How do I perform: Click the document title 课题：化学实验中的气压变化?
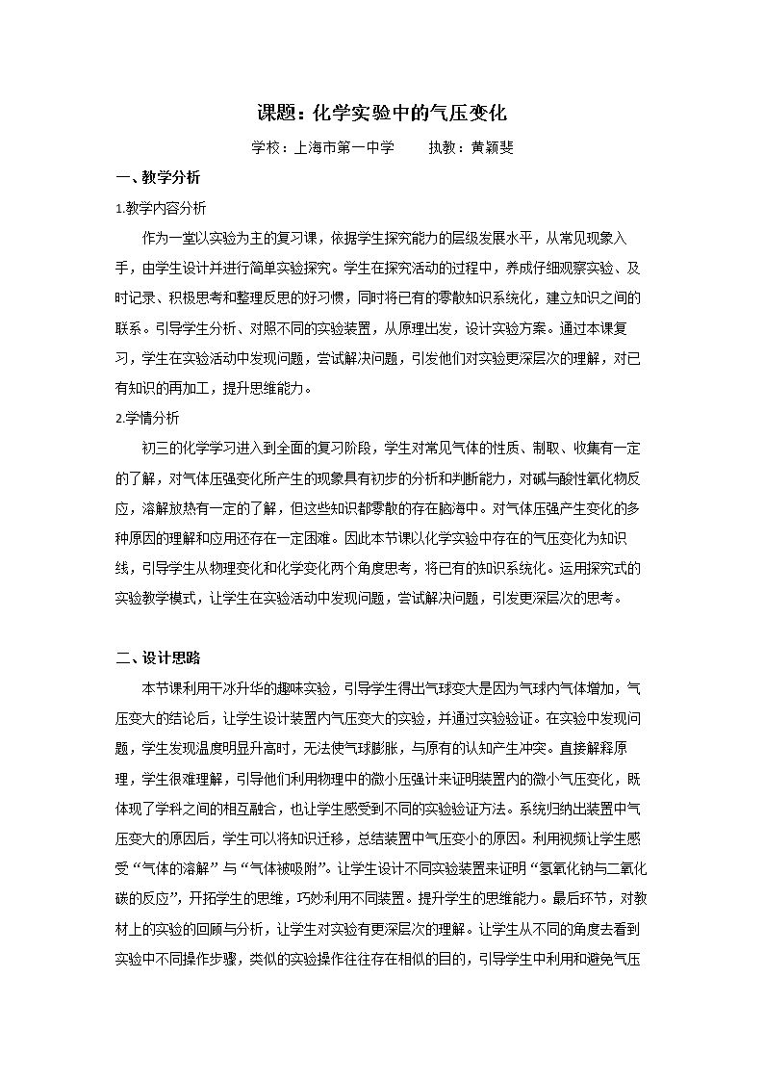[381, 113]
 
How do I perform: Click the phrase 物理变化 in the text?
[271, 568]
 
